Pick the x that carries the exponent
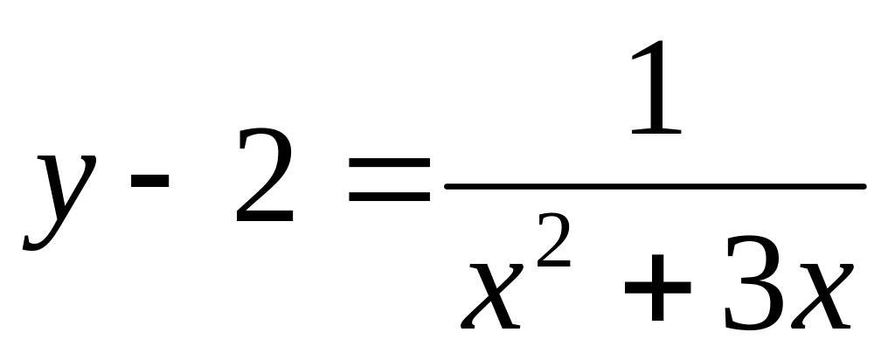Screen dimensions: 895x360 493,292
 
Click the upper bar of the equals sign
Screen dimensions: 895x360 389,163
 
